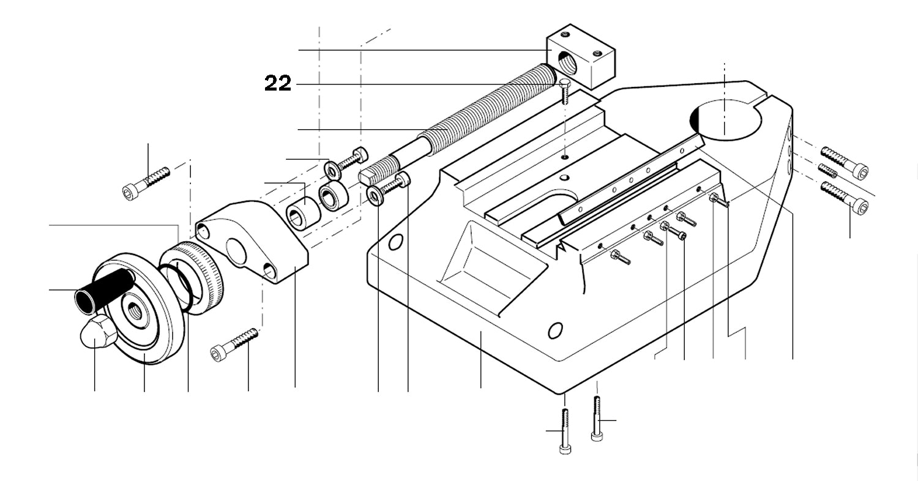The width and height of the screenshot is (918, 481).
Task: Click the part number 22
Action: [277, 83]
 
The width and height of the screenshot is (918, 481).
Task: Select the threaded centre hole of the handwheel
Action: [135, 309]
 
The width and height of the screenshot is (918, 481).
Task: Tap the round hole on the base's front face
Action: [554, 330]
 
